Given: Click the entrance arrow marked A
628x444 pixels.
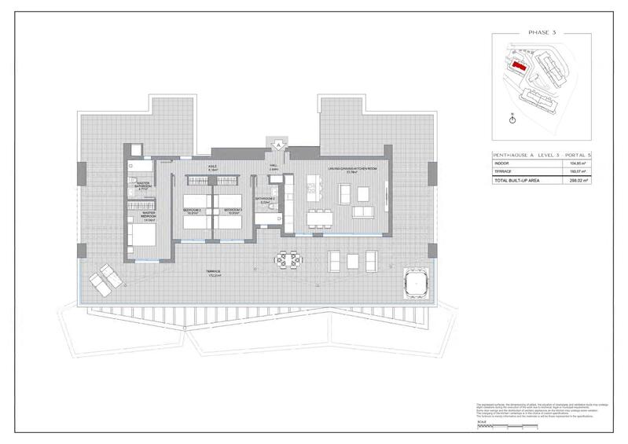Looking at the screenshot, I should [x=277, y=145].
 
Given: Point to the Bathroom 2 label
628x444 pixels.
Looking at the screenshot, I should [x=264, y=200].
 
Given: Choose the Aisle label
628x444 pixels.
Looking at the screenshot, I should [x=212, y=167].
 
